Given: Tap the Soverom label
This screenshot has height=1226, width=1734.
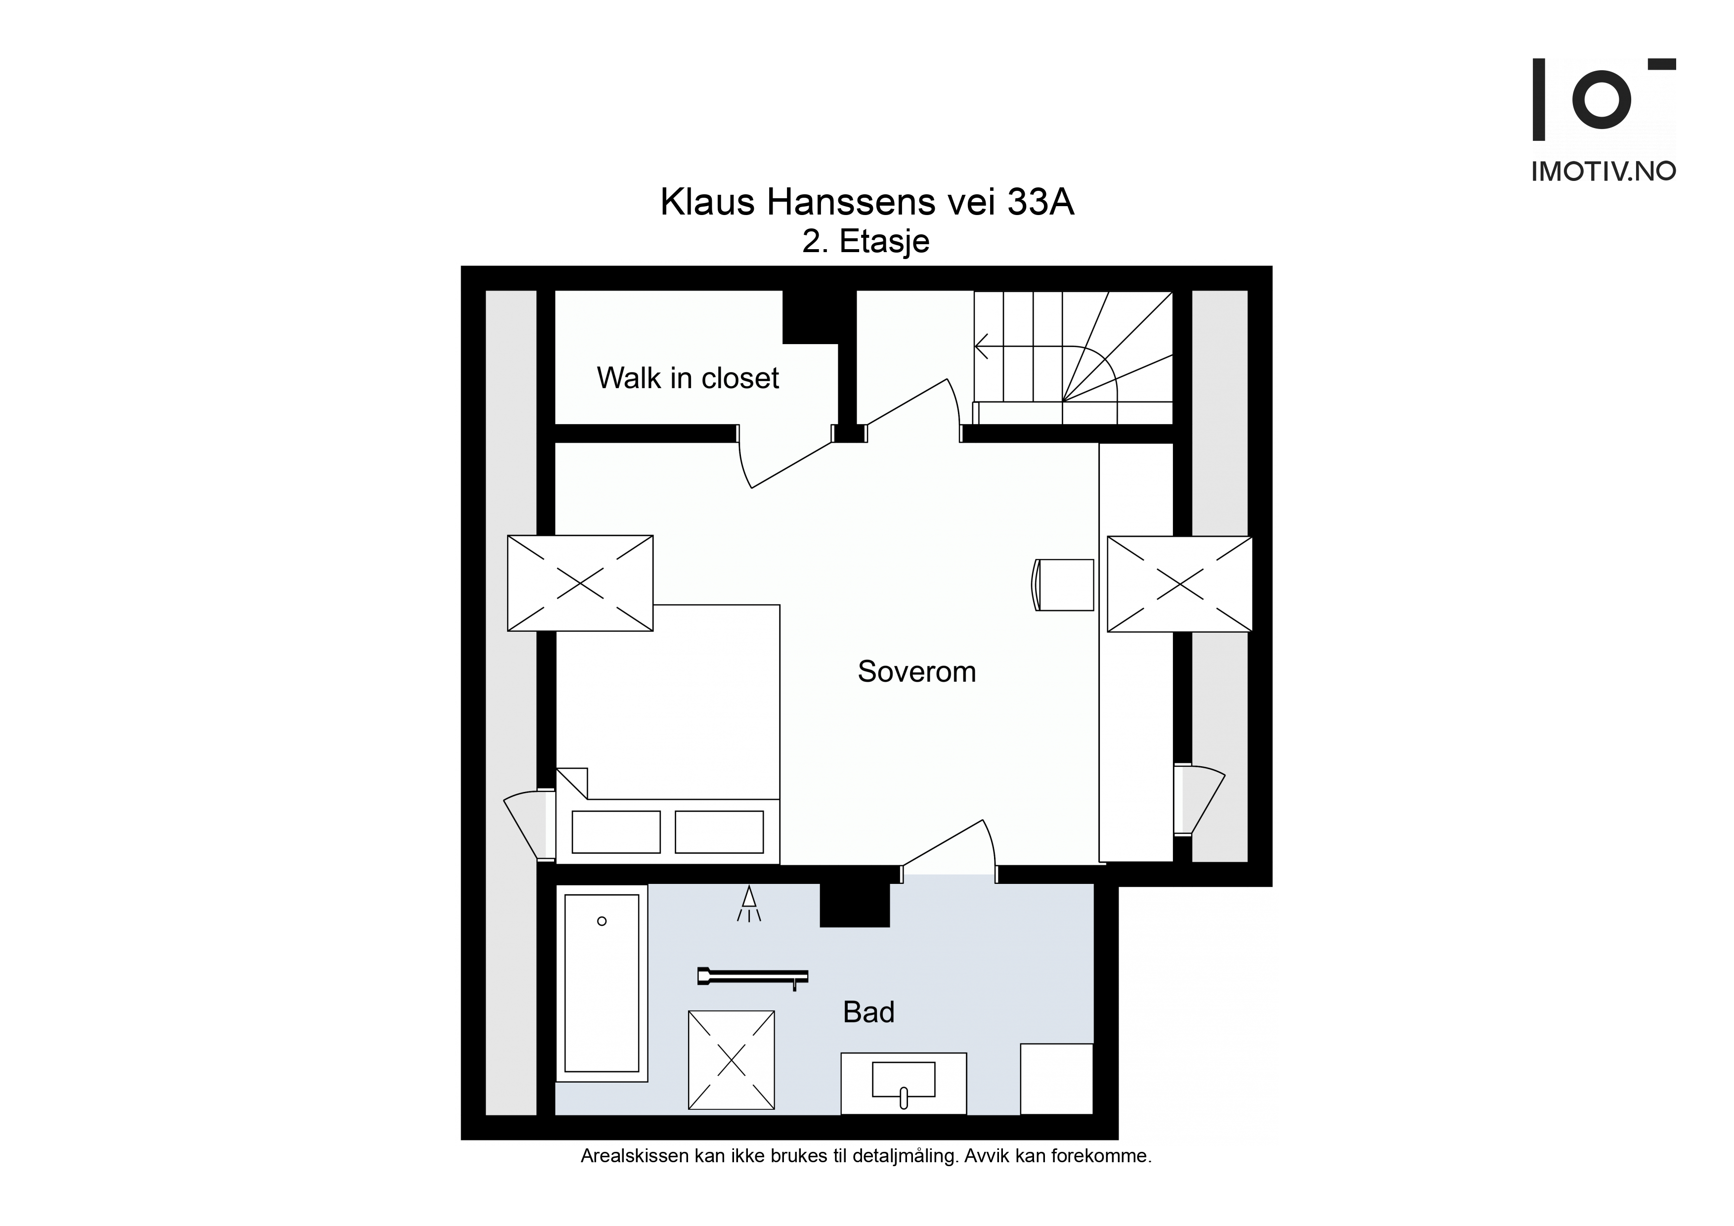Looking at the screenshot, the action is click(917, 671).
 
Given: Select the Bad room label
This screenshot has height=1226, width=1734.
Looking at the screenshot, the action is click(868, 1012).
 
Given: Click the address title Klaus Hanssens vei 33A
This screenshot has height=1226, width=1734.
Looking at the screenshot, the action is click(867, 202).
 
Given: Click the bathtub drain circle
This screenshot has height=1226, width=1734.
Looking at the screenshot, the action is click(602, 921).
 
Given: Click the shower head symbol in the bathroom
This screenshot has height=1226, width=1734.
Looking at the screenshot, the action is click(748, 904).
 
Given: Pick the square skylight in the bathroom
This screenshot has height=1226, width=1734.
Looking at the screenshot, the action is click(731, 1060).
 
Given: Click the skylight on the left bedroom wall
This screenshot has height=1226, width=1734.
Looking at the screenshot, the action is click(580, 583).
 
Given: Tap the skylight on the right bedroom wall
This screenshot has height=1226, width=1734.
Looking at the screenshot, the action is click(1180, 584).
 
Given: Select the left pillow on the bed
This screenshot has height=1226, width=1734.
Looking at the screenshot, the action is click(616, 832).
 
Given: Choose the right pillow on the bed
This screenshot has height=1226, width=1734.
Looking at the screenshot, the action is click(719, 832).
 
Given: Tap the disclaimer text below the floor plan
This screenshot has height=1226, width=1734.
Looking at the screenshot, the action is click(866, 1177).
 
